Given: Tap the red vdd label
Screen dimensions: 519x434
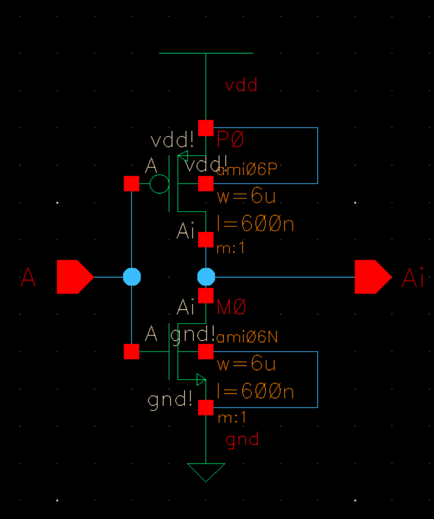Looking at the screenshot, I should tap(241, 85).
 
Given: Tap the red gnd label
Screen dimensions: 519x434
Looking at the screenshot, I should tap(242, 439).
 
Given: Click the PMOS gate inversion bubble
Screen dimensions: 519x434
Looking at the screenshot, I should tap(159, 184).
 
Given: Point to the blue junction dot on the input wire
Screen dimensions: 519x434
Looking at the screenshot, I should tap(131, 277).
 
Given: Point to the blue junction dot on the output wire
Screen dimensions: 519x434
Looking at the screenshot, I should tap(206, 277).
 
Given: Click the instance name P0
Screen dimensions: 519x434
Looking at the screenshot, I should tap(230, 140).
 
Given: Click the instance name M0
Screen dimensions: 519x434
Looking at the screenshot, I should tap(231, 308).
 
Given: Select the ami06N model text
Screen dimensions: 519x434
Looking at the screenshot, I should tap(248, 337).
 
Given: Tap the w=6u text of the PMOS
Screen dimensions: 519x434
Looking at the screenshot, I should tap(246, 196).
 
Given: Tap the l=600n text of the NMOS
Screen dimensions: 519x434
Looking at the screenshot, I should tap(255, 392).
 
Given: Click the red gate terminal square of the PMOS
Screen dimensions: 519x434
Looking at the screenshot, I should tap(131, 184).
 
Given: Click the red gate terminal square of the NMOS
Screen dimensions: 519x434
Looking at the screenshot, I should tap(131, 352).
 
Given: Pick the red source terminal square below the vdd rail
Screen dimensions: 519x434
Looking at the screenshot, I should tap(206, 128).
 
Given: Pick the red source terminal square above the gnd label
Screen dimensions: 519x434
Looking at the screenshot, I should tap(206, 408).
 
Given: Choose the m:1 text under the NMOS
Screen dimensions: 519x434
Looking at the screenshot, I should tap(231, 418).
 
